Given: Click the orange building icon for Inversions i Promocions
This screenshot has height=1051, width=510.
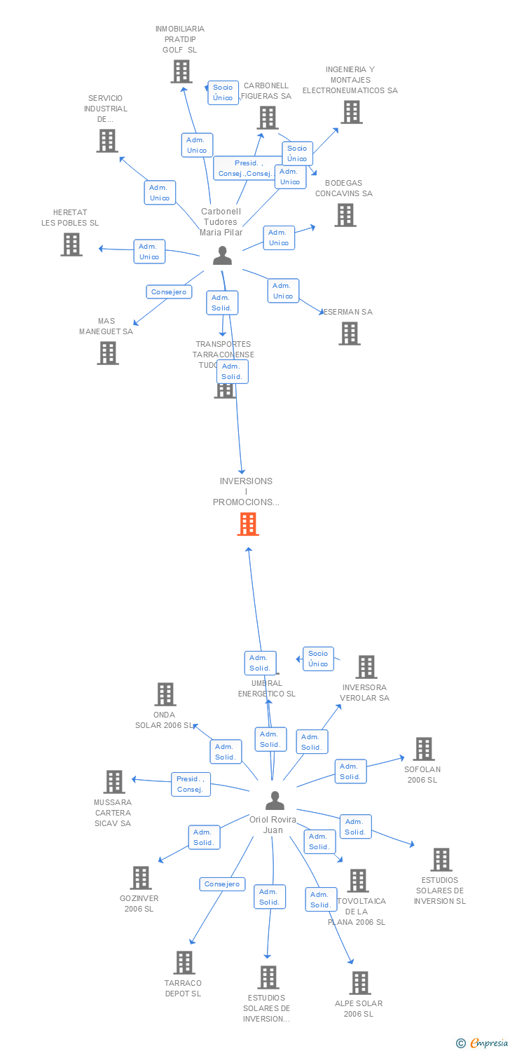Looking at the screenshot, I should (248, 524).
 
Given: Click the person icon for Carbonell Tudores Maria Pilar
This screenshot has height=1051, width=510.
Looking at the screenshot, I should (222, 256).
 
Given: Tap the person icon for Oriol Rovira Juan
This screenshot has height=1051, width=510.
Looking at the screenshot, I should (275, 801).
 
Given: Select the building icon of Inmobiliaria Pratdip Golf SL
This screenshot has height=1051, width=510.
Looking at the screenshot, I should (181, 71).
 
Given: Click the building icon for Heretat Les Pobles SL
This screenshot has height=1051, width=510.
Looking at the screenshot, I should (71, 245).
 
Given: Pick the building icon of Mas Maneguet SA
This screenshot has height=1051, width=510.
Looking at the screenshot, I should (108, 353).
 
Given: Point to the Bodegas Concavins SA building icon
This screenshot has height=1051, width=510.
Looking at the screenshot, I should (345, 215).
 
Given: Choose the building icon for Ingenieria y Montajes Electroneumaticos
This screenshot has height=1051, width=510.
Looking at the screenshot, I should (352, 112).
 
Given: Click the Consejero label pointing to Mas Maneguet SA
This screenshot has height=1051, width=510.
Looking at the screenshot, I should (169, 291).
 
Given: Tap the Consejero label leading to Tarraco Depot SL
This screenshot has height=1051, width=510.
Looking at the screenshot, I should (222, 884).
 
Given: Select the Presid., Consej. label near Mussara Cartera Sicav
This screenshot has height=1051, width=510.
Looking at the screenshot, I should (191, 784).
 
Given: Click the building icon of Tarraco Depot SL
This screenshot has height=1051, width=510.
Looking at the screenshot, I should (184, 963).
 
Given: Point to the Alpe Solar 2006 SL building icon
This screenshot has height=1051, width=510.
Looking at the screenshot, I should (360, 983).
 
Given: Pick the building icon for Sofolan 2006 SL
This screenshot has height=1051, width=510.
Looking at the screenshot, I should (423, 749).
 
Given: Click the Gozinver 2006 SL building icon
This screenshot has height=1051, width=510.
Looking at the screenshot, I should (141, 878).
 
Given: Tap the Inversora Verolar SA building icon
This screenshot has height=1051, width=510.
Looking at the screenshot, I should (366, 667).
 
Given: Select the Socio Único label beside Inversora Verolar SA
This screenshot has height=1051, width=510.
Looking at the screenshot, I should (318, 659).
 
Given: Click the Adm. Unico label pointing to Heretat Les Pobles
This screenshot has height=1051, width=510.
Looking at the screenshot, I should (149, 252).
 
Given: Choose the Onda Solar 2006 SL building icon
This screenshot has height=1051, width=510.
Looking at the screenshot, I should (165, 694).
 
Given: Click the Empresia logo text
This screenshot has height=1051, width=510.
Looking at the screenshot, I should (488, 1043).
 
